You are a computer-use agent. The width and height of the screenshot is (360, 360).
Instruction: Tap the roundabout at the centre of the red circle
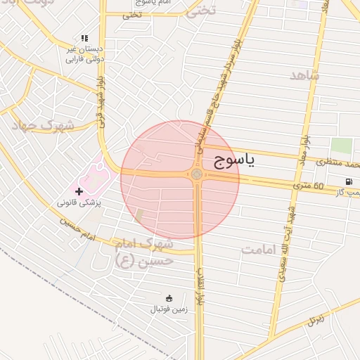click(x=196, y=175)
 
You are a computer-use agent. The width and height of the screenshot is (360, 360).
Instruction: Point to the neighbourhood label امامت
click(x=262, y=249)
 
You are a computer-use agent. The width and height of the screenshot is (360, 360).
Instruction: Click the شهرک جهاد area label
click(x=43, y=125)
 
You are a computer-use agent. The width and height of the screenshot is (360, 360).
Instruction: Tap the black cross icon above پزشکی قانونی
click(x=79, y=191)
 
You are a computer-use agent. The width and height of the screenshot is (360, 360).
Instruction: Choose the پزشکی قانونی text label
click(x=79, y=202)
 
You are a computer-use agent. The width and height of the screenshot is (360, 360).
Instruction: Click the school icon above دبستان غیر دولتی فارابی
click(x=84, y=38)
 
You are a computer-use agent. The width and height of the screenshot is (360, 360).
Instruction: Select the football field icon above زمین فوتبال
click(x=168, y=298)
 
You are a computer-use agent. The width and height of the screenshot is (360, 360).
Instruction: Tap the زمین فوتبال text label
click(x=169, y=309)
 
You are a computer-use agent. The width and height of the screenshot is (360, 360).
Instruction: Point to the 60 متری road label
click(x=309, y=186)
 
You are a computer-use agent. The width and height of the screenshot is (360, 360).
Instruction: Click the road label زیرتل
click(x=317, y=321)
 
